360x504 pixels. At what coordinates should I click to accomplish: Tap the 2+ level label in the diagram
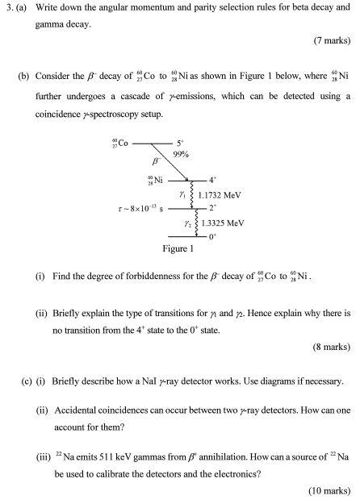[x=213, y=209]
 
